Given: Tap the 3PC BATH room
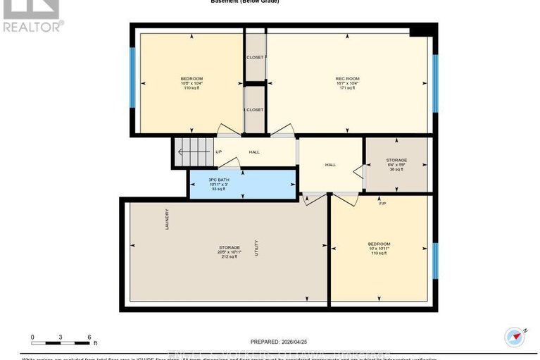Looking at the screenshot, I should (241, 185).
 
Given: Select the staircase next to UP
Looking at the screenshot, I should (193, 152).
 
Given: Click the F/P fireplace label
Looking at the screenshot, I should (382, 203).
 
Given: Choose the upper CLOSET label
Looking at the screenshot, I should (255, 57).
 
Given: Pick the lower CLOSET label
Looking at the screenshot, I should (255, 110).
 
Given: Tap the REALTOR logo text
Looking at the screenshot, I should (32, 27).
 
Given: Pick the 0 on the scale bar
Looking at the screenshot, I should (32, 337).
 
